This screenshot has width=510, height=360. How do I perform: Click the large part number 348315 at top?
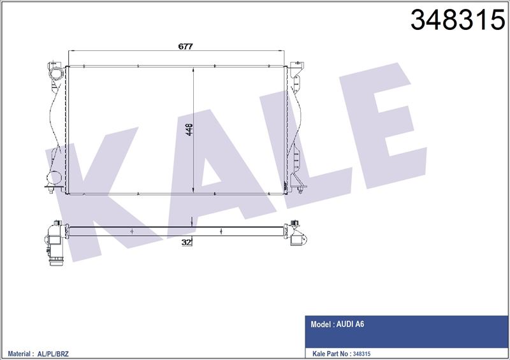pos(457,20)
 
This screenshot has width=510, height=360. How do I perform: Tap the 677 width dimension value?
pos(186,47)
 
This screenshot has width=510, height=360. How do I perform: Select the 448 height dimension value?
pos(189,129)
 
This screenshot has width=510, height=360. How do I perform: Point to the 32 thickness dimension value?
pos(186,242)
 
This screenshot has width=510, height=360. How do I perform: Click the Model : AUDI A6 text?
pos(337,324)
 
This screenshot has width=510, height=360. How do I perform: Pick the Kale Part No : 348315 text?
pos(341,354)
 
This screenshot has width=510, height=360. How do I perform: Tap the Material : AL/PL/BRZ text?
pos(38,354)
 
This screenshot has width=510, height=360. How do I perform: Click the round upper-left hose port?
pos(56,74)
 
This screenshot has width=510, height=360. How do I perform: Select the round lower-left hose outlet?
pos(54,178)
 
